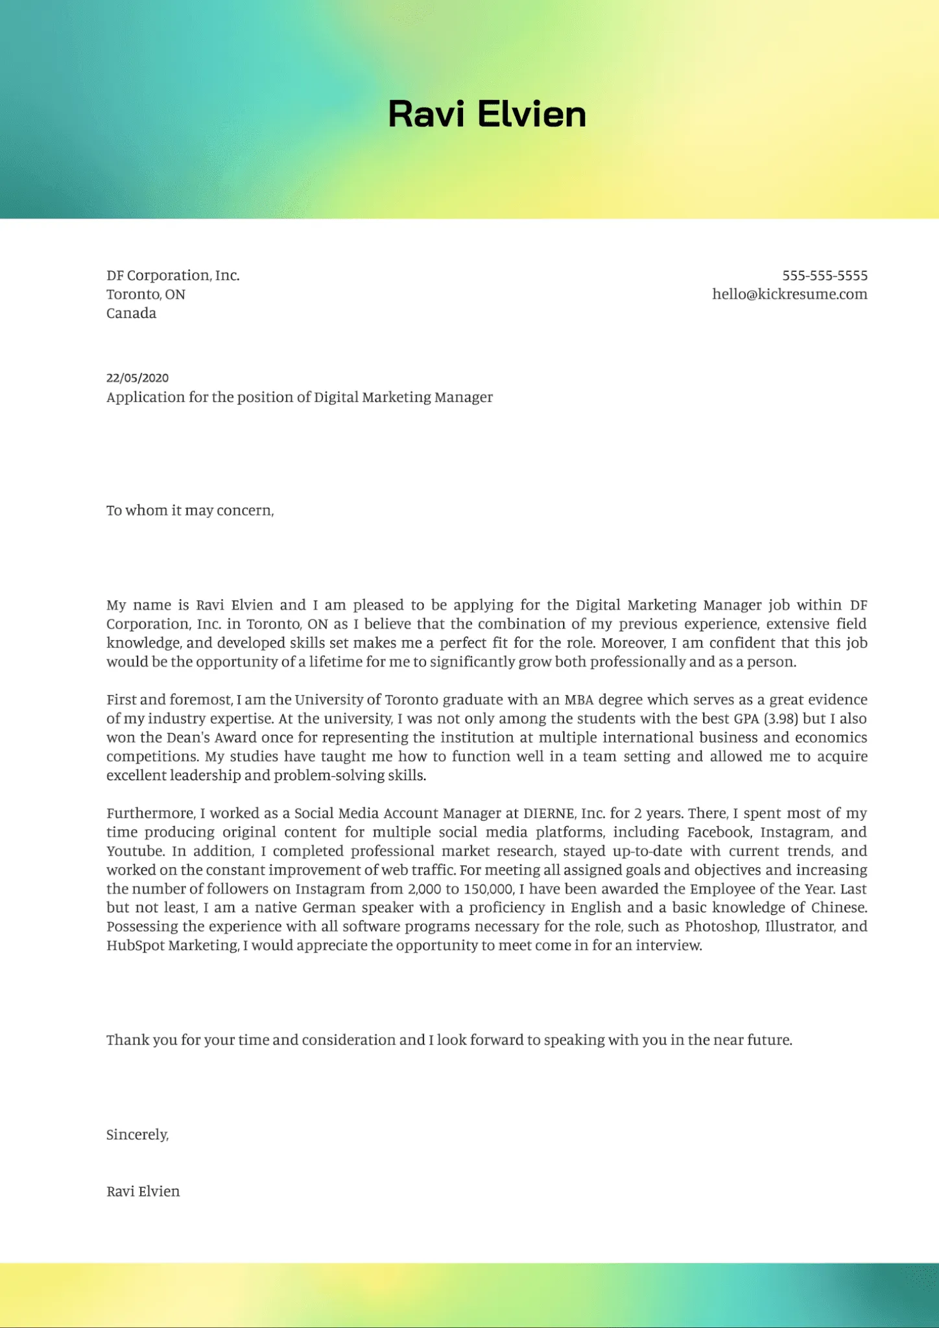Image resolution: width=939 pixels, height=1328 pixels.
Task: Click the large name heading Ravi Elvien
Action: [487, 114]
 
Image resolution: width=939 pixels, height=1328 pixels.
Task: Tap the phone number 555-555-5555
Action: [824, 276]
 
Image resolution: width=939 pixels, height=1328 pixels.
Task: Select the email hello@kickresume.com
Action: [789, 294]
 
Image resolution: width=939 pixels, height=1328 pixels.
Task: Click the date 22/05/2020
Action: [137, 378]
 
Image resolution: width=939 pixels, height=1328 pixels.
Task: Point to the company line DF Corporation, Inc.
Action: [173, 276]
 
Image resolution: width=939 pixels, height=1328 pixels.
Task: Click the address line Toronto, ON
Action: [146, 294]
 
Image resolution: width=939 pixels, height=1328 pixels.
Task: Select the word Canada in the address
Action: [132, 313]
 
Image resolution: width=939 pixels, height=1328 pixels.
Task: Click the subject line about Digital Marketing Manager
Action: [300, 397]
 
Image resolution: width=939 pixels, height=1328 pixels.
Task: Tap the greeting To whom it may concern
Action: [190, 510]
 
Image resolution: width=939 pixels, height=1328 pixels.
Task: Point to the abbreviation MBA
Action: [578, 700]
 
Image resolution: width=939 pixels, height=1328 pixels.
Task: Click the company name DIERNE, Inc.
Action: [564, 813]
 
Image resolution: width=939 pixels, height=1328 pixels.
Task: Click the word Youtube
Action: [134, 851]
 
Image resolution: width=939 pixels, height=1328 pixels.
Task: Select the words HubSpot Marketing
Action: [172, 945]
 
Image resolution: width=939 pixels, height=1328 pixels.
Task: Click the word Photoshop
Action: [721, 927]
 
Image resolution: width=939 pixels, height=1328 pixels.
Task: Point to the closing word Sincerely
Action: [137, 1134]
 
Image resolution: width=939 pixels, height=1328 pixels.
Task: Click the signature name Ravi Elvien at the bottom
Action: [143, 1191]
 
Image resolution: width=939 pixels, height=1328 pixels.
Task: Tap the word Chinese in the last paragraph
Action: [838, 908]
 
